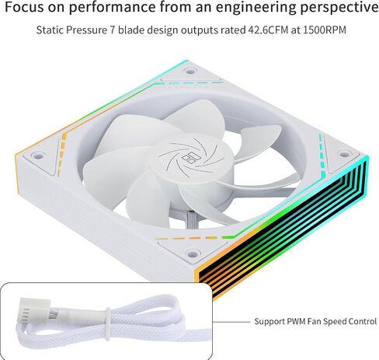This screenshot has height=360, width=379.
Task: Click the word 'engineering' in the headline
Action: tap(256, 7)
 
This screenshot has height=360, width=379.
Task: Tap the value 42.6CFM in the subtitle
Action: tap(268, 30)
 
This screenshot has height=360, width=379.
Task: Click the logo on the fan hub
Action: tap(189, 157)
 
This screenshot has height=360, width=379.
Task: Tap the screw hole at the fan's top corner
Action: tap(190, 71)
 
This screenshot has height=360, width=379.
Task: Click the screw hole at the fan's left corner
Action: tap(37, 156)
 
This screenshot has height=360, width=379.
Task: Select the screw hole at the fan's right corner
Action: tap(344, 155)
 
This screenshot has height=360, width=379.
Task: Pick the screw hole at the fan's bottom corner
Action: tap(193, 253)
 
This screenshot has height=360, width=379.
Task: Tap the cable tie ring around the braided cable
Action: tap(108, 323)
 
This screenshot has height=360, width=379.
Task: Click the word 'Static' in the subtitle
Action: tap(50, 30)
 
